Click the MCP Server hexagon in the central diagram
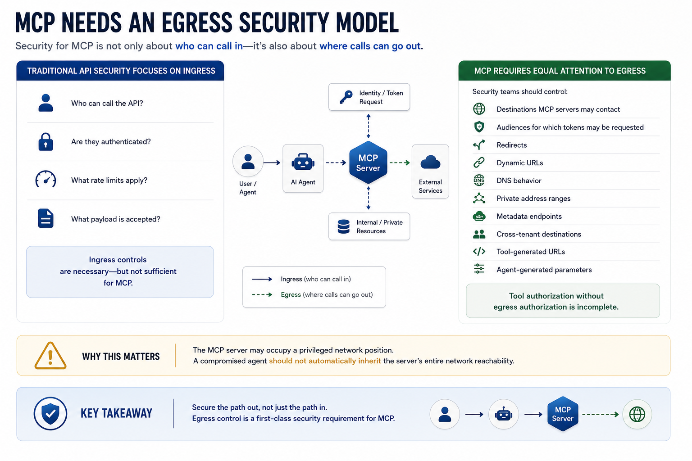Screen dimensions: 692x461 368,163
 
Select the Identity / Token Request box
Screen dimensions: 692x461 369,97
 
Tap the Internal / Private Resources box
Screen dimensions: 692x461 369,226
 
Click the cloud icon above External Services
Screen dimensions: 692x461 430,163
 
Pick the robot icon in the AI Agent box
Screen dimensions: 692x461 303,162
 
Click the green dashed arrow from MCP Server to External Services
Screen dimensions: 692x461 400,163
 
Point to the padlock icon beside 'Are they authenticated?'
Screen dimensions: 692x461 46,142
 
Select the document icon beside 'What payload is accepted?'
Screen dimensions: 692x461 46,218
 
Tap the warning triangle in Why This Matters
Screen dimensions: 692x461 50,356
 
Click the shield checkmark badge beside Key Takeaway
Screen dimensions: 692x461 50,413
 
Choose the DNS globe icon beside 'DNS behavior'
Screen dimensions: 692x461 479,181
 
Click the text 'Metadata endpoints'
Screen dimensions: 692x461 529,216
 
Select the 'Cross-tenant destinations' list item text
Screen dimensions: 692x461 539,234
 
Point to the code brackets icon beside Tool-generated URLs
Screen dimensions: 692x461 479,252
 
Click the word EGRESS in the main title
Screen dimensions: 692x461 197,23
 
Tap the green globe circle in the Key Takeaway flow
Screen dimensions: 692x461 637,414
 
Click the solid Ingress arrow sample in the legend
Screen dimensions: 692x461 262,279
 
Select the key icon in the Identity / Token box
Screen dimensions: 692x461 346,97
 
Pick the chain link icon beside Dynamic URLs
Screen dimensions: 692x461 479,163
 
